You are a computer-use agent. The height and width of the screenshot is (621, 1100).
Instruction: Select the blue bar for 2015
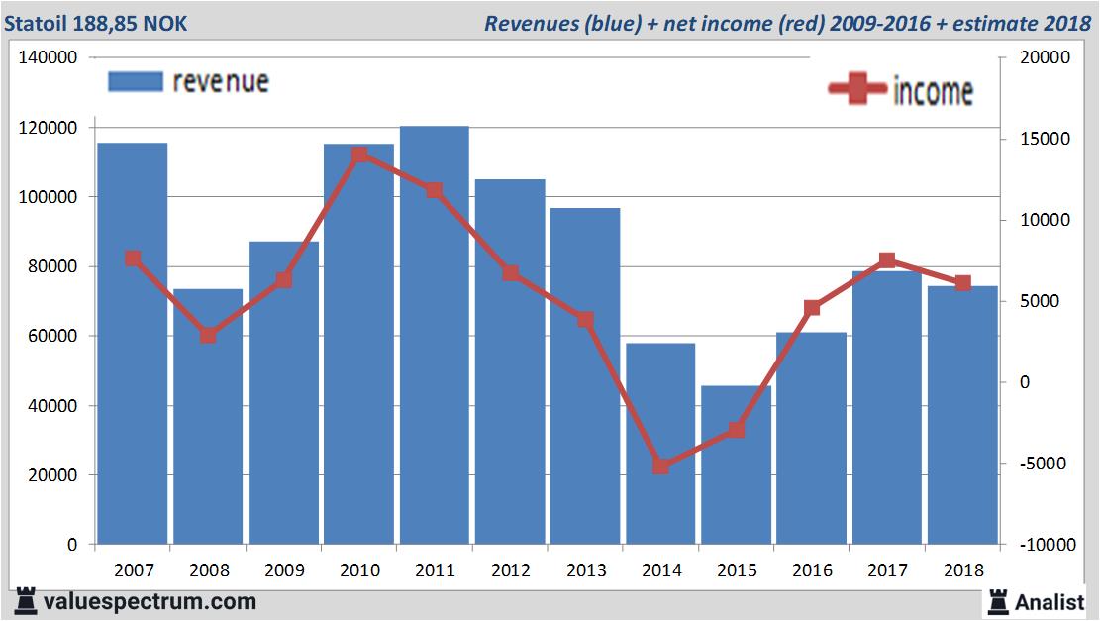736,466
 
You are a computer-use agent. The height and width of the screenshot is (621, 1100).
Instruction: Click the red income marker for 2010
359,155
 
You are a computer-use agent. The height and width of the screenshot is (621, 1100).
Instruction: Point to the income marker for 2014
660,466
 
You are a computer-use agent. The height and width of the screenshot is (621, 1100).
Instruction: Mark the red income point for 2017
887,260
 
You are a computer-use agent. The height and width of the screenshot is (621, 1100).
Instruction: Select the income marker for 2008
208,335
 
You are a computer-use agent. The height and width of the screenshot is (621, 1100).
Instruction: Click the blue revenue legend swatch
135,82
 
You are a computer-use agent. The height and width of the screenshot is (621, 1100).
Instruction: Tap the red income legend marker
856,90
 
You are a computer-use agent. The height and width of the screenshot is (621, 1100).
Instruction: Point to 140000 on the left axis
49,58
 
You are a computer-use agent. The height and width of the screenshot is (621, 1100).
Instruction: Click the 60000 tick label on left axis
57,336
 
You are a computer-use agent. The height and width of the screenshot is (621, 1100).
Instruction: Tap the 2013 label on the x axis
585,570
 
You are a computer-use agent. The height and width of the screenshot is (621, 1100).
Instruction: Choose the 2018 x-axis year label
963,570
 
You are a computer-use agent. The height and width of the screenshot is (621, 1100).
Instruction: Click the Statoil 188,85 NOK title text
95,23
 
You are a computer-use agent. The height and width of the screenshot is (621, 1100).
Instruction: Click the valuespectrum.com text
150,601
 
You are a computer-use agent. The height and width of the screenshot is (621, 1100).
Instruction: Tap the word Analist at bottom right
1050,601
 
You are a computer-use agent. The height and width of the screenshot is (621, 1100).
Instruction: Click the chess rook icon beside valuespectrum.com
27,601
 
